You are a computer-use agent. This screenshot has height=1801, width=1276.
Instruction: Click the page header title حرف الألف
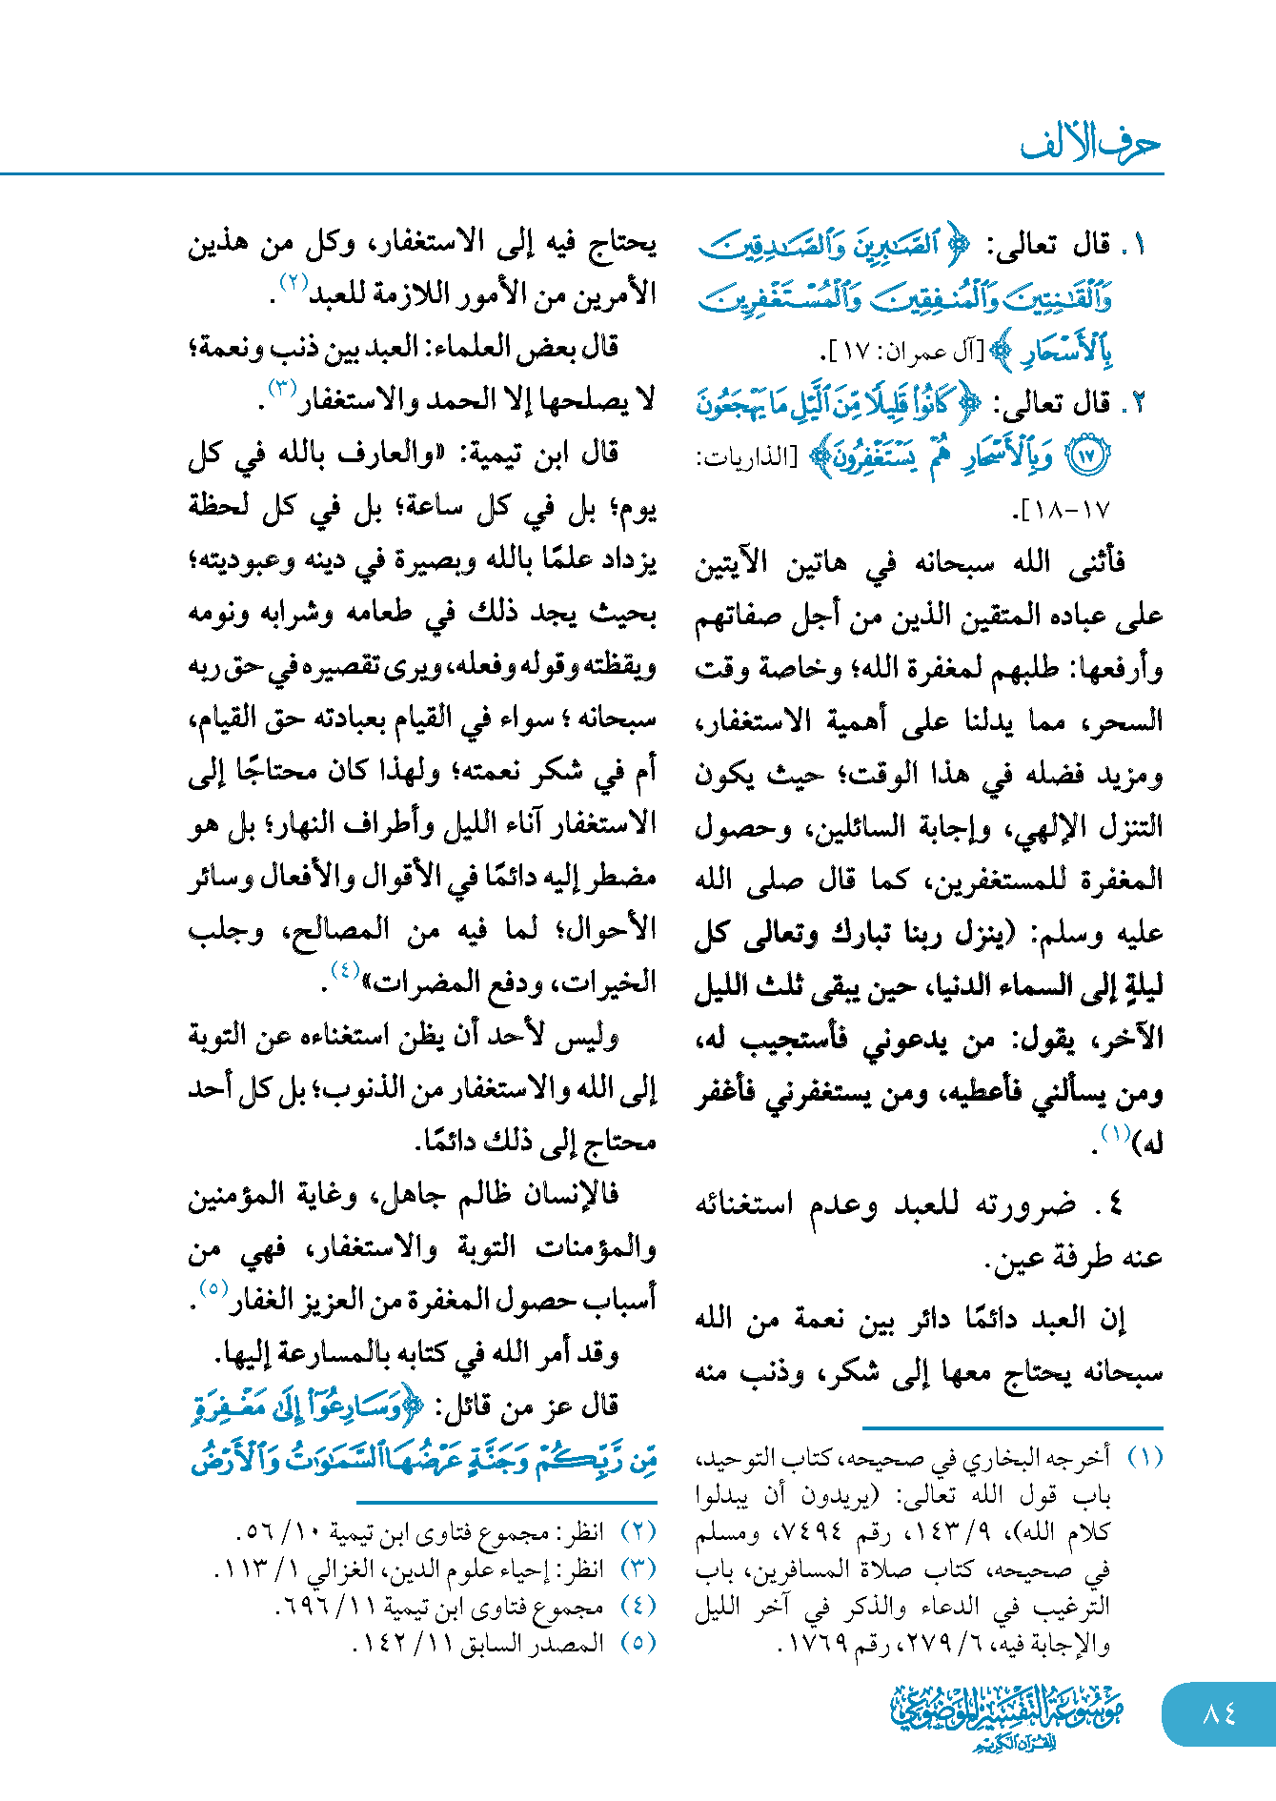(1090, 144)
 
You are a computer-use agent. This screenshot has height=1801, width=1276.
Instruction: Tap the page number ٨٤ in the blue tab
(1219, 1713)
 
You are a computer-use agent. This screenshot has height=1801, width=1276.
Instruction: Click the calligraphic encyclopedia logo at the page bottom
(1008, 1716)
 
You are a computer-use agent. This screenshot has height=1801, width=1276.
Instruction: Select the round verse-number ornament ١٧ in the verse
(1085, 455)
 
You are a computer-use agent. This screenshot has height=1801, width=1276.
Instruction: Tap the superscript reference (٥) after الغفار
(213, 1289)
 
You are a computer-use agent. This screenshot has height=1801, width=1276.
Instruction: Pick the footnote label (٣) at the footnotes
(638, 1568)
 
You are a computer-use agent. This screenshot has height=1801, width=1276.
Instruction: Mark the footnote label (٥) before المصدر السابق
(638, 1642)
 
